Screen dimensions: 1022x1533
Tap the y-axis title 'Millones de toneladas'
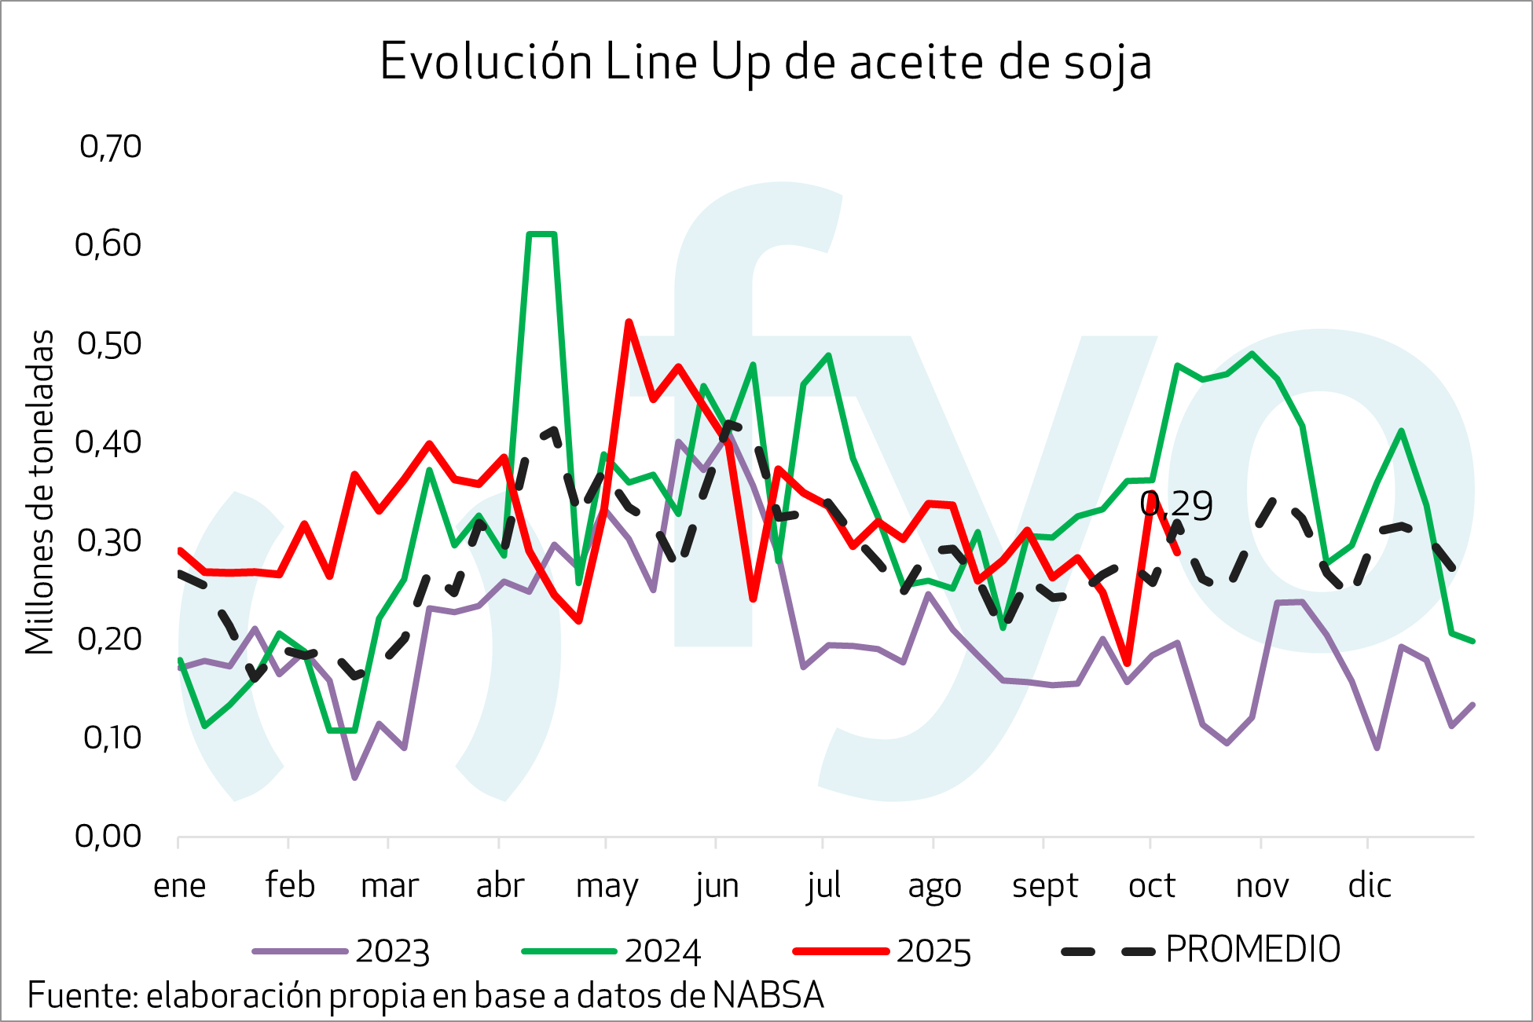coord(39,492)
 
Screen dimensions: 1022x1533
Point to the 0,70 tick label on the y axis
coord(110,147)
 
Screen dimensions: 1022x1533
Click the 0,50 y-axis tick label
coord(110,344)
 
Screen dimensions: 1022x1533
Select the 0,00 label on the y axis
coord(108,837)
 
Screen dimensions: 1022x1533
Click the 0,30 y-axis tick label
coord(110,541)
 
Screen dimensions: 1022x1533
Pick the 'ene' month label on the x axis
coord(179,886)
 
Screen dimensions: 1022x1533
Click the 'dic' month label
coord(1370,886)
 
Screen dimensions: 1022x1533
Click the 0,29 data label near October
coord(1176,506)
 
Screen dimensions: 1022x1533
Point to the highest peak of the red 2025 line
coord(629,321)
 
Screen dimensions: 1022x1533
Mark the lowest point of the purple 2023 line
coord(355,778)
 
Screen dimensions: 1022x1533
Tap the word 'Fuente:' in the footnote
coord(83,996)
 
